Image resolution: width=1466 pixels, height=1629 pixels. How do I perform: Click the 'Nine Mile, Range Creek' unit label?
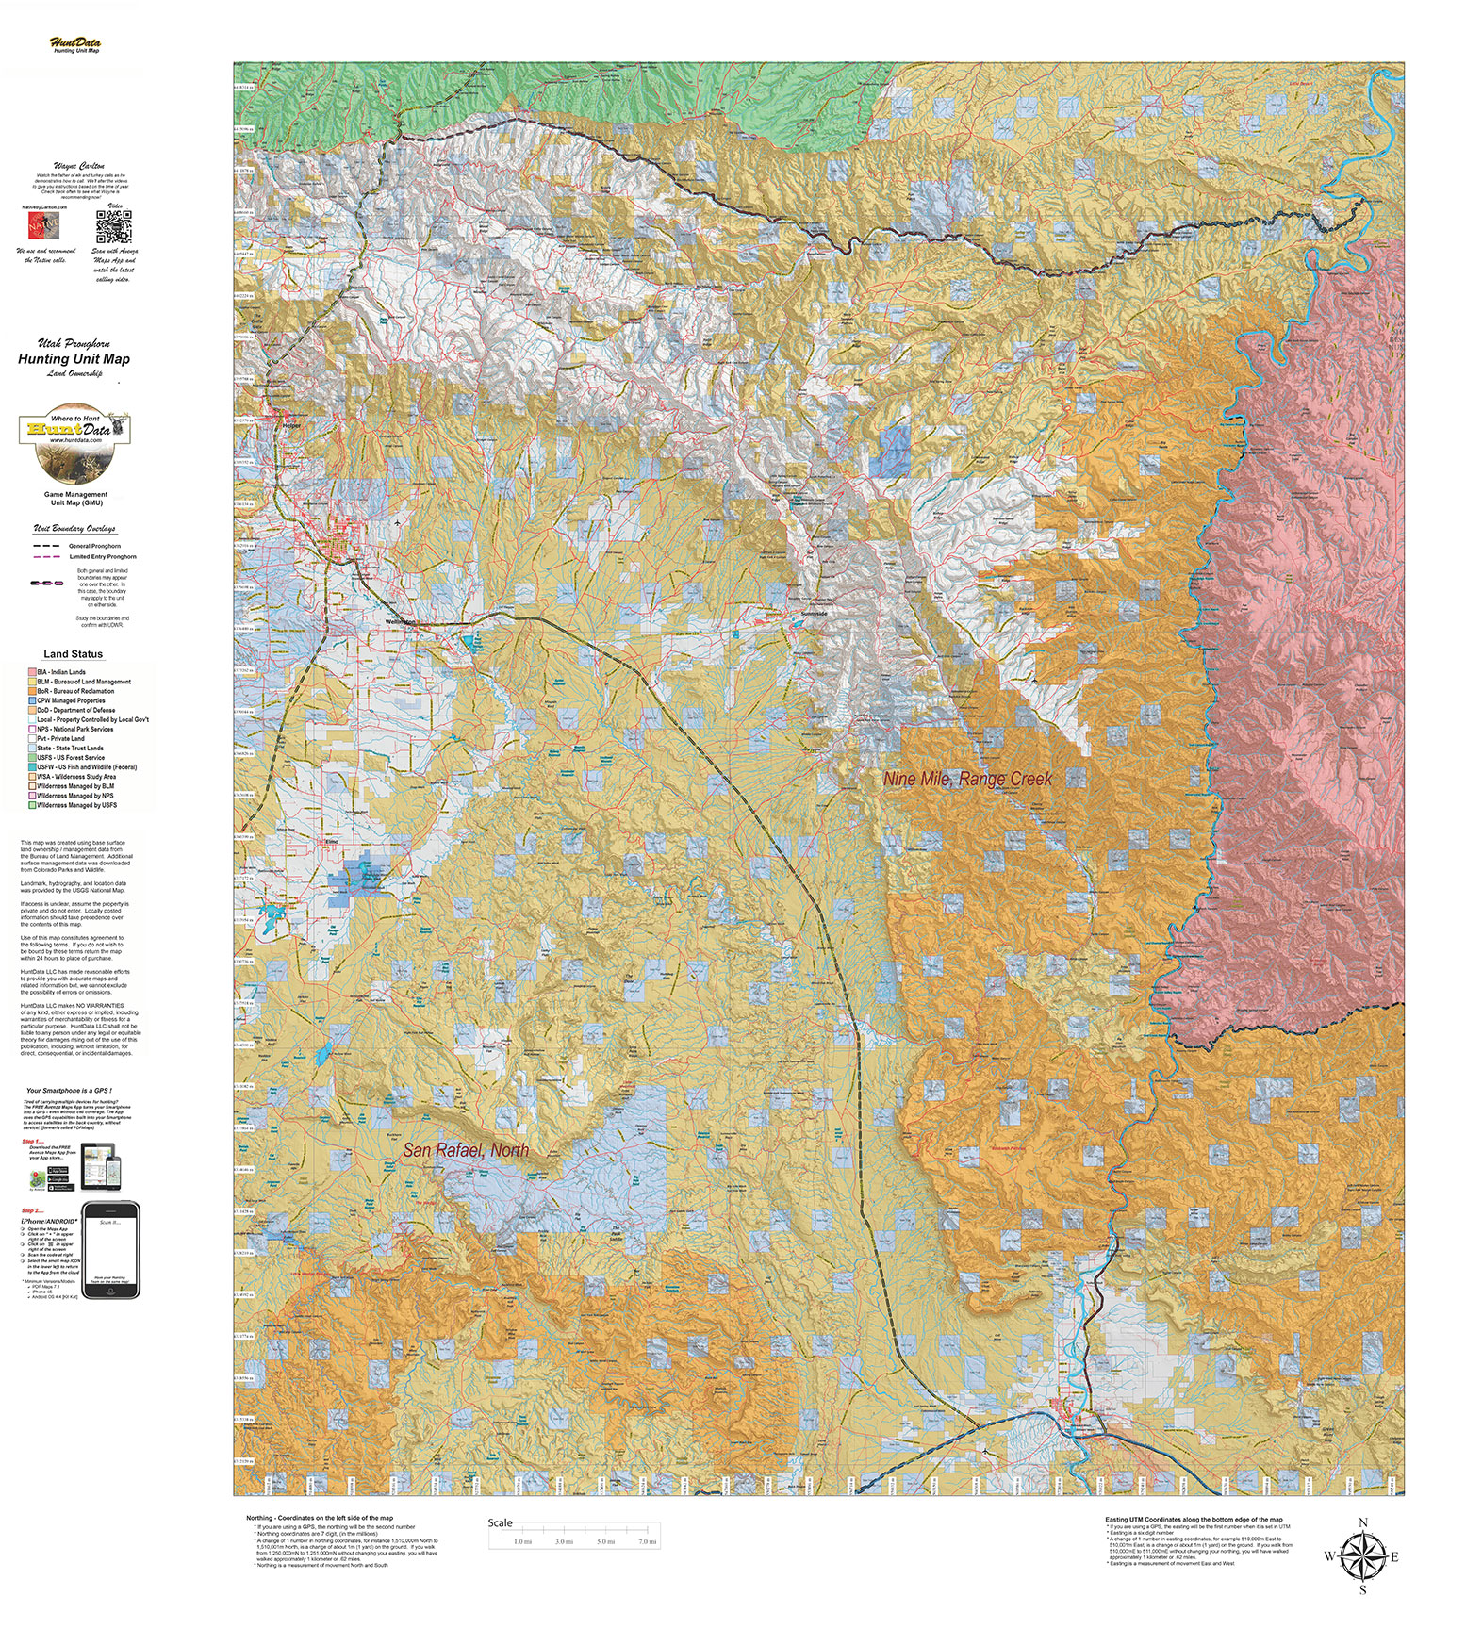(967, 779)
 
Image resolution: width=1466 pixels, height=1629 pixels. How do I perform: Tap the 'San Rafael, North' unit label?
(466, 1150)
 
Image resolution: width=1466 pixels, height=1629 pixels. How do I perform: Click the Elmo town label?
(331, 840)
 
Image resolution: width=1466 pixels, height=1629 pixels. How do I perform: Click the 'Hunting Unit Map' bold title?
(74, 358)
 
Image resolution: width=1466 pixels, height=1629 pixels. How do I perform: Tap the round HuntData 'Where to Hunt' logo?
(74, 440)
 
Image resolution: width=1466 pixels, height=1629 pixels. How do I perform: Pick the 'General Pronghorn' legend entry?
(93, 546)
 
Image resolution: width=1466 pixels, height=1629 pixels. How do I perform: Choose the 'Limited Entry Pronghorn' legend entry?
(102, 557)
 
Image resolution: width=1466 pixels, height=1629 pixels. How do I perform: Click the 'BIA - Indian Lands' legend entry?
(61, 672)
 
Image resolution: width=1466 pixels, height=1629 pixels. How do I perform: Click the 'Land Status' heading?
(74, 653)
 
